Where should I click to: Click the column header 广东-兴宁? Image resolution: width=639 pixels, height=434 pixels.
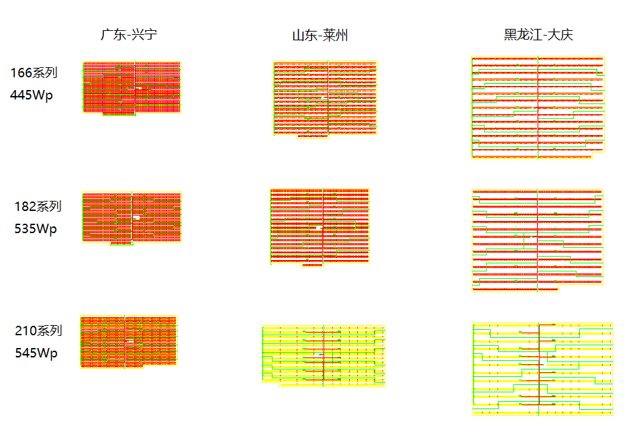coord(130,34)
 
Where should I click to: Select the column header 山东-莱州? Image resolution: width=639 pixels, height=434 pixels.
coord(320,35)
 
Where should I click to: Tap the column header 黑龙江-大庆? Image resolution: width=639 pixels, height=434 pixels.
coord(538,35)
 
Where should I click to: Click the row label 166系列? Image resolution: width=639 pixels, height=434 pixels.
coord(34,73)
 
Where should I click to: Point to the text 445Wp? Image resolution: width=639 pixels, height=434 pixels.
coord(32,95)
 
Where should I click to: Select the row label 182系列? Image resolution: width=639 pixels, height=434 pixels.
coord(38,206)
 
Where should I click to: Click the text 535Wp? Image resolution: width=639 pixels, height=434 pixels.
coord(36,228)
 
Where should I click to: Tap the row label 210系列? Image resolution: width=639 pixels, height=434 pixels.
coord(38,331)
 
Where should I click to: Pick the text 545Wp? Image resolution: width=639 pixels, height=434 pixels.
coord(36,353)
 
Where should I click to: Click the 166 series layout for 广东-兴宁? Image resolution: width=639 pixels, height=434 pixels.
coord(132,88)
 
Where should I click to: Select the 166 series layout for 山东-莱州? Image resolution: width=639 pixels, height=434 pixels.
coord(326,99)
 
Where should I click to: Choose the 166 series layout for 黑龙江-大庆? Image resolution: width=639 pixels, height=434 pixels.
coord(538,107)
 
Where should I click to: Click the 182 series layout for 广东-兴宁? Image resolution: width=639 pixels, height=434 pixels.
coord(132,218)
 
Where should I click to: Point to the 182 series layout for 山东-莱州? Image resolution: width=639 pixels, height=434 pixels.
coord(319,226)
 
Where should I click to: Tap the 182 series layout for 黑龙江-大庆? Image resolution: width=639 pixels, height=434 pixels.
coord(538,241)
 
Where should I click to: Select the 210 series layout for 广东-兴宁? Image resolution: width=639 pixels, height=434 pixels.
coord(128,342)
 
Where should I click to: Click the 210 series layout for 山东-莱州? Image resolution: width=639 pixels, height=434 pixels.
coord(323,355)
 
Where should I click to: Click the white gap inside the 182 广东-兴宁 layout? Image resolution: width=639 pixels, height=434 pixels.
coord(136,218)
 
